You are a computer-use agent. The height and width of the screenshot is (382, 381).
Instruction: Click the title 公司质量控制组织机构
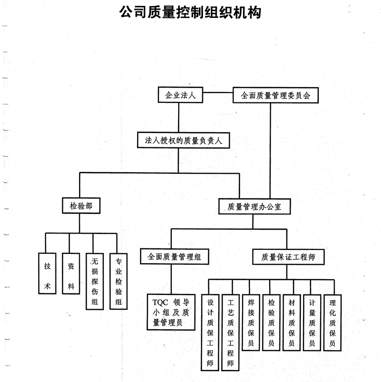point(190,12)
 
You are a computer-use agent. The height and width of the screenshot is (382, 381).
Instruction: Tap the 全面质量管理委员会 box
point(275,95)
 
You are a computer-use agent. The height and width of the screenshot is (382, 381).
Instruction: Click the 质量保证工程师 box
point(287,257)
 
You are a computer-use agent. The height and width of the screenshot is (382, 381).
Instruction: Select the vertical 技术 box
point(47,274)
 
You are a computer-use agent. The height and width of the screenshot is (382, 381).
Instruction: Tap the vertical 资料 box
point(71,274)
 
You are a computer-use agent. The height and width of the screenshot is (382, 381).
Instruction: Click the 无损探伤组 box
point(95,282)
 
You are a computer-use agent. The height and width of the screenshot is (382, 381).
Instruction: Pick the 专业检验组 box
point(118,282)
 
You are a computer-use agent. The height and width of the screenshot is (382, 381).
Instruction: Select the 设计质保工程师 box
point(210,332)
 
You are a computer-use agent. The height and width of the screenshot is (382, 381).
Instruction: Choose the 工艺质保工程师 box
point(230,332)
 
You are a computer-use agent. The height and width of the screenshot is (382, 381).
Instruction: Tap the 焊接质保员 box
point(251,322)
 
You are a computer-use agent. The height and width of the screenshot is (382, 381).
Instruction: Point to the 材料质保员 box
point(291,322)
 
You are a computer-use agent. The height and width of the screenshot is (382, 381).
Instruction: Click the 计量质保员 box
point(312,322)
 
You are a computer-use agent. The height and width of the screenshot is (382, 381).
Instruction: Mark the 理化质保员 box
point(333,322)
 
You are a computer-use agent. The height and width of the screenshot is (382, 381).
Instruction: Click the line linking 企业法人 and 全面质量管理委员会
point(218,93)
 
